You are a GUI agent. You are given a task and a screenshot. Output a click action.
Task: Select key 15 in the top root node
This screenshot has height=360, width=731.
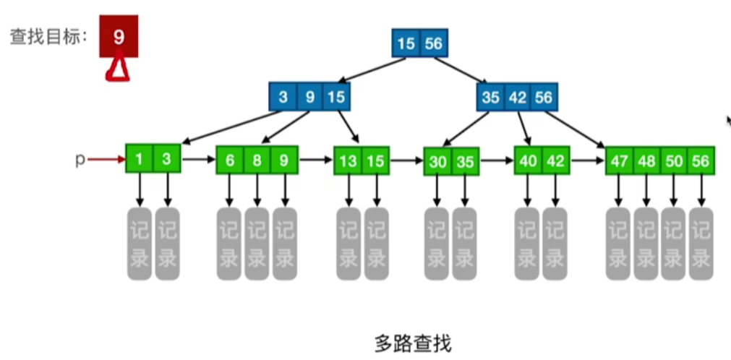coord(406,44)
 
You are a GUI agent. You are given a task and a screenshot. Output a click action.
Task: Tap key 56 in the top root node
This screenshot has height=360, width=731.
coord(433,44)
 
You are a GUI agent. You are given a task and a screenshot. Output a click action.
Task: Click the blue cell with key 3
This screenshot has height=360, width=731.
coord(283,97)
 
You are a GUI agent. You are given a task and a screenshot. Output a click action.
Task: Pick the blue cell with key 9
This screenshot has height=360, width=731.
coord(309,97)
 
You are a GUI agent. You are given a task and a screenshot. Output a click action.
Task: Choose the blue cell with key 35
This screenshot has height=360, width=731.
coord(490,97)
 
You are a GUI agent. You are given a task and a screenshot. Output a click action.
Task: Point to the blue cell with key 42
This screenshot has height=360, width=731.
coord(517,97)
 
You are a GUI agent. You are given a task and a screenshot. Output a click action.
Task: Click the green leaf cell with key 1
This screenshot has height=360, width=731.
coord(140,159)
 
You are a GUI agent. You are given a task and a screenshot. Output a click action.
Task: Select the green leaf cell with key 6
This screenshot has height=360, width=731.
coord(230,160)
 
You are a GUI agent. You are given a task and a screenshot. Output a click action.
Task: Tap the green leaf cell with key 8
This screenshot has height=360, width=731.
coord(257,160)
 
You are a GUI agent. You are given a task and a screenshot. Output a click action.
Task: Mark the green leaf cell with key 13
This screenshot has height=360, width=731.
coord(347,161)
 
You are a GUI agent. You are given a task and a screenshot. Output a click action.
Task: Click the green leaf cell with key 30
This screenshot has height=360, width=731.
coord(437,162)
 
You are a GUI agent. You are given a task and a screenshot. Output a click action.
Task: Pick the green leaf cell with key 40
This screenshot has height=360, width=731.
coord(528,160)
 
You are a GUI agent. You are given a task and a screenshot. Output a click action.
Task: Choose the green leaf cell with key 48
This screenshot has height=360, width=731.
coord(646,161)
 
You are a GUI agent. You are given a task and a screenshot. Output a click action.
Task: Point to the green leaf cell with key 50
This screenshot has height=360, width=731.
coord(674,161)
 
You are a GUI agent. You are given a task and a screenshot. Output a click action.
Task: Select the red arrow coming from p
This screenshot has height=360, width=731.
coord(106,159)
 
